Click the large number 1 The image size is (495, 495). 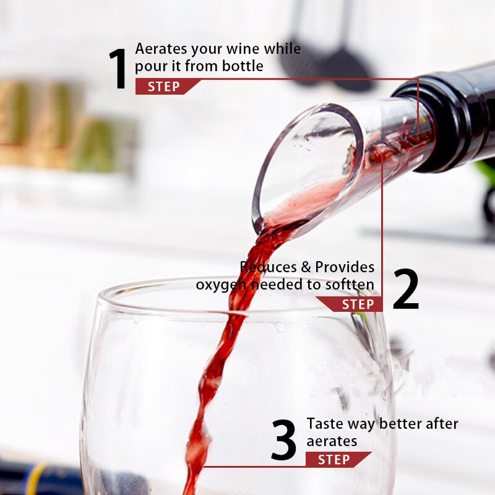pos(118,69)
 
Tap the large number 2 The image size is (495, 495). pos(406,289)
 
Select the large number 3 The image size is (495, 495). pos(283,439)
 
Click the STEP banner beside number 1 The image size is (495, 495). pos(168,87)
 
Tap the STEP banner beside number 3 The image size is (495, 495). pos(338,459)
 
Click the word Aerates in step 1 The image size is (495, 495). pos(161,49)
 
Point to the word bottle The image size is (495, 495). pos(243,66)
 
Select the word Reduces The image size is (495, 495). pos(268,267)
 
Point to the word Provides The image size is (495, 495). pos(345,267)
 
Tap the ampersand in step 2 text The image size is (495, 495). pos(306,267)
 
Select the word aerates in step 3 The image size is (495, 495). pos(332,441)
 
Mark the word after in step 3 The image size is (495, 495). pos(442,424)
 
